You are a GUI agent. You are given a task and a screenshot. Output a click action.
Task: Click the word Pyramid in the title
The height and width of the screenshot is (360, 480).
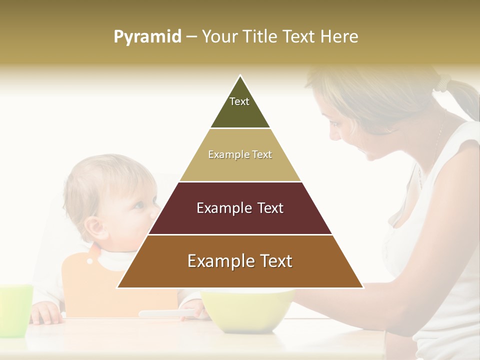(147, 37)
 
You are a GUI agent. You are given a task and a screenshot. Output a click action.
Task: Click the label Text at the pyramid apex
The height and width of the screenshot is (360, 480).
(239, 101)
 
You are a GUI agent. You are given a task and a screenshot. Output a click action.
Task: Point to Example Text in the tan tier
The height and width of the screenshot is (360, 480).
(240, 154)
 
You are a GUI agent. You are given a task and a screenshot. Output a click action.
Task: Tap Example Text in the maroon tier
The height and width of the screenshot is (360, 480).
(240, 208)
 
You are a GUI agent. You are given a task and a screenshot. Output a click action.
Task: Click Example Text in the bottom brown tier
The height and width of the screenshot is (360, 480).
(240, 261)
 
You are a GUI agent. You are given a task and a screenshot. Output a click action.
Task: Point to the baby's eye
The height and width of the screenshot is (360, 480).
(138, 205)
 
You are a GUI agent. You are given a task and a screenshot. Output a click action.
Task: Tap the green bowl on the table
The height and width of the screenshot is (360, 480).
(247, 310)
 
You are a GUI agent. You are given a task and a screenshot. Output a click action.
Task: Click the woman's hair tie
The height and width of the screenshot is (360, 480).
(442, 82)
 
